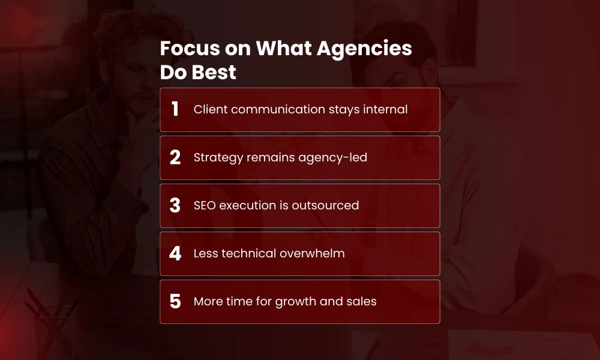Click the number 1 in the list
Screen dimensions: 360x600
pos(175,109)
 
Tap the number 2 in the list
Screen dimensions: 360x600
pos(175,157)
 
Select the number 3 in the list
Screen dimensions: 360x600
pos(175,205)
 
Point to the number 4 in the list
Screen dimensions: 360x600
pos(175,253)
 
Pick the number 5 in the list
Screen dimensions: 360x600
pos(175,301)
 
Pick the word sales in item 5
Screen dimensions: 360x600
pos(361,301)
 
